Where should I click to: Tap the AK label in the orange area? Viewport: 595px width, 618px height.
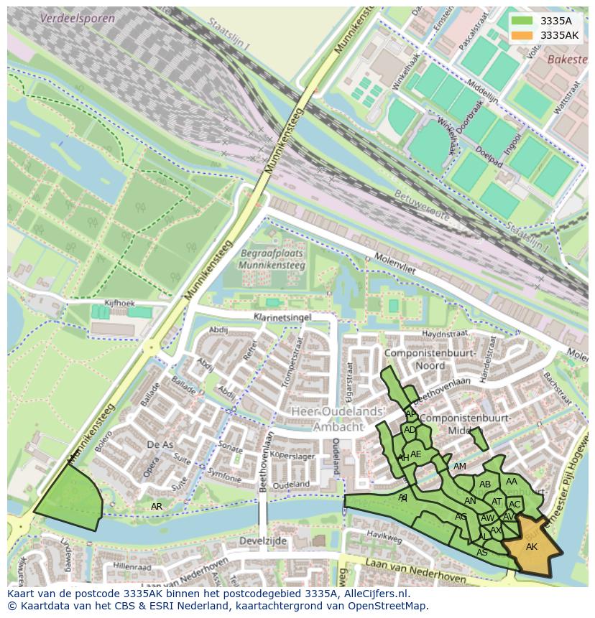click(531, 547)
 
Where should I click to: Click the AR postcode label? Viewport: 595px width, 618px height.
click(156, 507)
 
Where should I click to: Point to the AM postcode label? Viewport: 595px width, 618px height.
click(460, 467)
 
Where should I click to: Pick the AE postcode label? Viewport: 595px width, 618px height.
click(415, 454)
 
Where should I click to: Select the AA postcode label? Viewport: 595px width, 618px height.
click(511, 482)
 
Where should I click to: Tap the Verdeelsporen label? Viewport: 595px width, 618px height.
click(77, 18)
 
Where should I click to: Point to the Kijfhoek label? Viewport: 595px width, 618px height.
click(119, 303)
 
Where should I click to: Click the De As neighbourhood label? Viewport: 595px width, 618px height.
click(160, 445)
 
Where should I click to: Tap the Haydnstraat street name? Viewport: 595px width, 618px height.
click(444, 334)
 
